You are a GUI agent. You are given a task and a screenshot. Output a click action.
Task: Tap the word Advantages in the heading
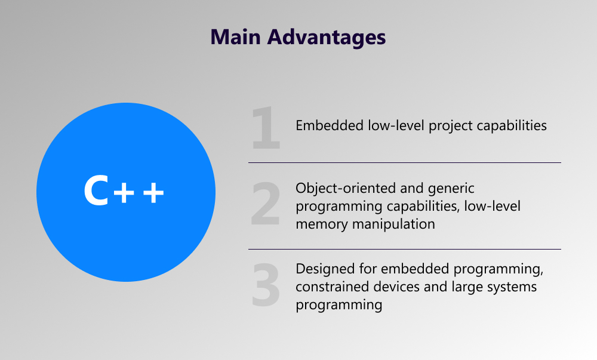[x=327, y=37]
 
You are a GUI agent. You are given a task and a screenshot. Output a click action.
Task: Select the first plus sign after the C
[x=124, y=193]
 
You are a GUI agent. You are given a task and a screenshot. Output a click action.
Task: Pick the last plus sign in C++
[x=150, y=193]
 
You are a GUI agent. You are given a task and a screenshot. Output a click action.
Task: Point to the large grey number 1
[x=266, y=127]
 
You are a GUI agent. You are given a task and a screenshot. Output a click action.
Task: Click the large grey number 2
[x=266, y=205]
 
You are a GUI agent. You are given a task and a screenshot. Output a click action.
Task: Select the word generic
[x=452, y=189]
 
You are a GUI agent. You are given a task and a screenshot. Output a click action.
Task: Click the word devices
[x=393, y=287]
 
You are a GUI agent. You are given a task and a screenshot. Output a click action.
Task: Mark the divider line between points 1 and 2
[x=404, y=162]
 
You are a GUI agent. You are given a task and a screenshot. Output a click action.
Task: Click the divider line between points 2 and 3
[x=404, y=249]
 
